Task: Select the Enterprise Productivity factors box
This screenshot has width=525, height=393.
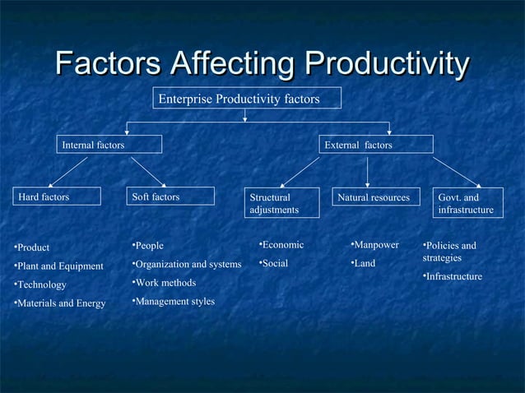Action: point(248,99)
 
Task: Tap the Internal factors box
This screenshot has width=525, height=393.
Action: point(109,145)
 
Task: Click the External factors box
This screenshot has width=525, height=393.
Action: point(376,145)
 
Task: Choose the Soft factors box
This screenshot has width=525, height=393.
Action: point(170,196)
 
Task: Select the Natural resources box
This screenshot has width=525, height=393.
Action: point(374,197)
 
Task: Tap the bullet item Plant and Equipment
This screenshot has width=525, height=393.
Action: point(58,266)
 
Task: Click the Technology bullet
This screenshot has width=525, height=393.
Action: point(40,285)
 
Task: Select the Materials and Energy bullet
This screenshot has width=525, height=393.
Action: point(60,304)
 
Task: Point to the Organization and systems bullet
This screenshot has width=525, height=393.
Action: point(187,264)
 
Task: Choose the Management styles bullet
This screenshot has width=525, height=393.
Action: point(174,302)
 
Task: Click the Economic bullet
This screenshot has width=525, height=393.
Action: point(281,245)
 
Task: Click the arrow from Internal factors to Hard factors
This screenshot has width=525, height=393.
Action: point(68,171)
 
